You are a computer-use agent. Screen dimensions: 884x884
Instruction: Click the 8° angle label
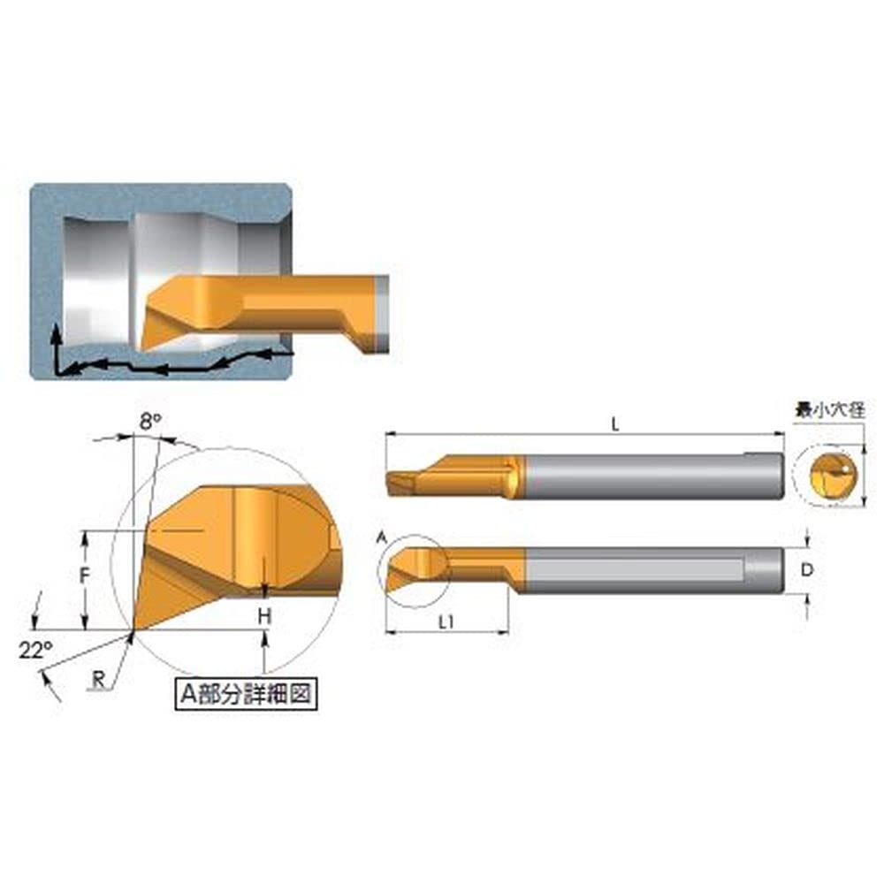(150, 421)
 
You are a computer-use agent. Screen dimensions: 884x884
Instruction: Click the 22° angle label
(35, 650)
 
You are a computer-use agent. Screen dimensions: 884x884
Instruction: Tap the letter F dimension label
(85, 575)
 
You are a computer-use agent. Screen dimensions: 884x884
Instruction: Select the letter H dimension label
(265, 616)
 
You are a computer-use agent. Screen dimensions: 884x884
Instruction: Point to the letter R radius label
(99, 679)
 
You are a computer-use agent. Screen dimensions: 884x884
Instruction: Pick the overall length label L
(615, 424)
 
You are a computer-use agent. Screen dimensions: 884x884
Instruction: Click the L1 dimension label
(446, 622)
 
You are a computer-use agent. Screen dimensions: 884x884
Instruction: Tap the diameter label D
(807, 570)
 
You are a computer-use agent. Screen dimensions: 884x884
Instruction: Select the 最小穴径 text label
(829, 410)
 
